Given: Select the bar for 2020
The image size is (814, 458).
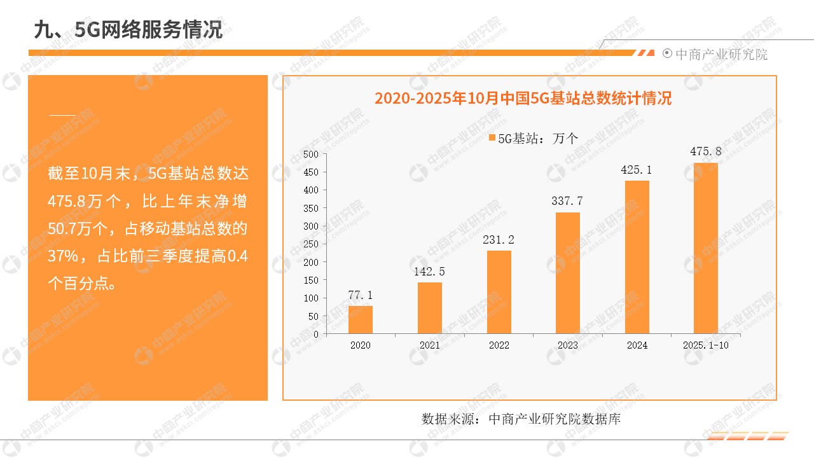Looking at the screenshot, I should coord(361,319).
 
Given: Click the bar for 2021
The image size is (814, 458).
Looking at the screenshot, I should coord(430,308).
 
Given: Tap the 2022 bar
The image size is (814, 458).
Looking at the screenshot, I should coord(499,292).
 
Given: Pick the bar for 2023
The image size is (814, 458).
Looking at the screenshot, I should coord(568,273).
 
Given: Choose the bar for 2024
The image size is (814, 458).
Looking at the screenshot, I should coord(637,257).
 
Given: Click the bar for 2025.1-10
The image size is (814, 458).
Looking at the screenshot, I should coord(706,248).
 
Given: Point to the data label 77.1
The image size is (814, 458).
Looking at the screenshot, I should coord(361,295).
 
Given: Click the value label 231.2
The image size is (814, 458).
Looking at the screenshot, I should coord(499,240).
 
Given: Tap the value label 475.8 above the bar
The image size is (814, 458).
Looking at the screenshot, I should coord(706,151).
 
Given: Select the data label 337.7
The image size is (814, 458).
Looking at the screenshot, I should coord(568,201).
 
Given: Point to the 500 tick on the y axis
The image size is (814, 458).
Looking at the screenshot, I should coord(311,154).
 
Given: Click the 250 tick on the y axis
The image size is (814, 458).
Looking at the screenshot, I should coord(311,244).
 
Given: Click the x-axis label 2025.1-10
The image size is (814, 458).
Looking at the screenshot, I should coord(706,345).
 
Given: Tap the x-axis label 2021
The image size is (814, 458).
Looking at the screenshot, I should coord(430,345).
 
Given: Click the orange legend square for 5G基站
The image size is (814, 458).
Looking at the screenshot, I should coord(492,138).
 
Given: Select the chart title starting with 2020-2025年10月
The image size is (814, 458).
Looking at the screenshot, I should coord(523,99).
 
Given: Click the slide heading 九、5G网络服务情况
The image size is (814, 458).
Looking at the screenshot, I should coord(128,29).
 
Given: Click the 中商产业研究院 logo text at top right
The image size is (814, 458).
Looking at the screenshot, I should coord(721,55).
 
